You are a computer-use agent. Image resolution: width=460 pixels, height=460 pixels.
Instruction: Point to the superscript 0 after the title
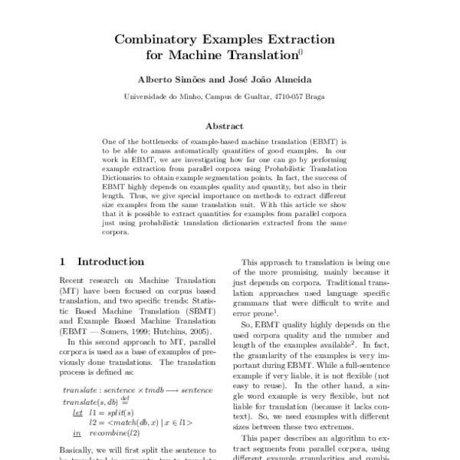(301, 52)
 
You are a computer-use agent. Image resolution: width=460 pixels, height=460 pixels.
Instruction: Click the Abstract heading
(229, 126)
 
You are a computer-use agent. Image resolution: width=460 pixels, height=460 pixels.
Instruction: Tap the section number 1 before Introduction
(63, 262)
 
